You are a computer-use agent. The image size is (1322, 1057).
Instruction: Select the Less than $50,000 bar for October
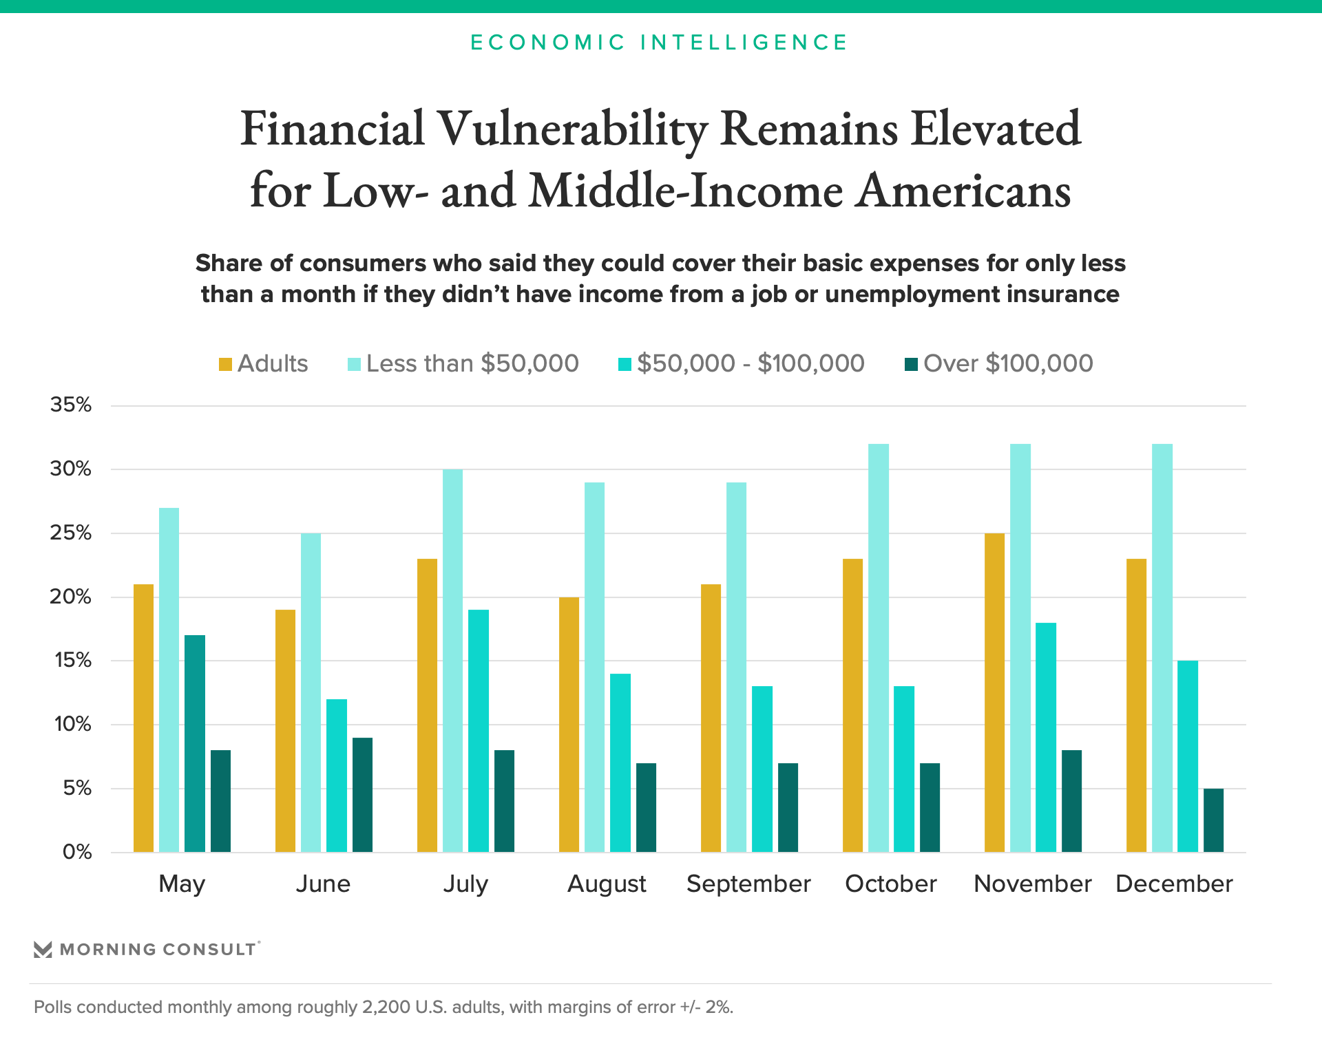pyautogui.click(x=879, y=648)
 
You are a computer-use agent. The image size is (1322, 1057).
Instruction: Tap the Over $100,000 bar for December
pyautogui.click(x=1213, y=820)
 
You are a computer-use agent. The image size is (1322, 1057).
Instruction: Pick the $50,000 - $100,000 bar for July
pyautogui.click(x=479, y=731)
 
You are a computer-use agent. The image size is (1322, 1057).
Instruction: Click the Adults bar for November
pyautogui.click(x=994, y=692)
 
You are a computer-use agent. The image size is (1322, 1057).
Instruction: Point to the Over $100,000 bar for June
pyautogui.click(x=362, y=795)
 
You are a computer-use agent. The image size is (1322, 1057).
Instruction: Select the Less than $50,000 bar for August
pyautogui.click(x=595, y=667)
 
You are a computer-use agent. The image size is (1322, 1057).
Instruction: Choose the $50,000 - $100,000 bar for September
pyautogui.click(x=762, y=769)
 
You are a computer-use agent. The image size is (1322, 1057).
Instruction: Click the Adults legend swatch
pyautogui.click(x=225, y=364)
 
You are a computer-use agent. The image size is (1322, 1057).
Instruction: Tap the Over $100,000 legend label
pyautogui.click(x=1008, y=363)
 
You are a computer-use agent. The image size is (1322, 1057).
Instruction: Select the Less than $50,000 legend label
pyautogui.click(x=472, y=363)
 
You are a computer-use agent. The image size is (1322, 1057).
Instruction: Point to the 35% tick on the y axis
pyautogui.click(x=71, y=405)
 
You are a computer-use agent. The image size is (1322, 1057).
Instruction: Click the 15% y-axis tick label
pyautogui.click(x=71, y=661)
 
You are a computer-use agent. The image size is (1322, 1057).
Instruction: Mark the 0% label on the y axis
pyautogui.click(x=77, y=852)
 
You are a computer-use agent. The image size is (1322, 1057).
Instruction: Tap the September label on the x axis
pyautogui.click(x=748, y=884)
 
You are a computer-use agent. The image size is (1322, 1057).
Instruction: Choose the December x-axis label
pyautogui.click(x=1174, y=884)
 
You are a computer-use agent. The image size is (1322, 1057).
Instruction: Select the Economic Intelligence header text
pyautogui.click(x=659, y=43)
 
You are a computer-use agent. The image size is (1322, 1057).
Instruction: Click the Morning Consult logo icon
pyautogui.click(x=43, y=950)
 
